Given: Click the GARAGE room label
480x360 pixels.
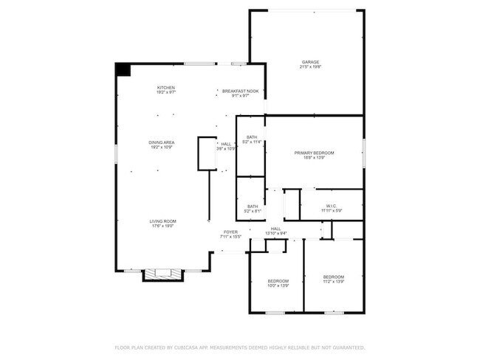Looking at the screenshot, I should [310, 61].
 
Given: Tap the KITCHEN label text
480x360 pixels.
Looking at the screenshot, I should [166, 88].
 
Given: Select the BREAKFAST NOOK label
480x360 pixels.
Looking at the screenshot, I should [240, 91].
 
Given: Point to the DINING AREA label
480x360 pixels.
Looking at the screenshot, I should [162, 142].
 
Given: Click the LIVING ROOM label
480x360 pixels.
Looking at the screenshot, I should [162, 221].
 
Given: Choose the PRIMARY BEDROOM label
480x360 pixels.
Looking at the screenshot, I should [314, 153].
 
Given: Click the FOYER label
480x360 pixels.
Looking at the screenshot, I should [231, 232].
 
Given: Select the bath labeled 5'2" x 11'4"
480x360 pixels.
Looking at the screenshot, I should [252, 138].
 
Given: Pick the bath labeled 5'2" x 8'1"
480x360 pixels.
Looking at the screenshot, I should [252, 207].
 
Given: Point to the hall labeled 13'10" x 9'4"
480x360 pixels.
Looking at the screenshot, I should [275, 229].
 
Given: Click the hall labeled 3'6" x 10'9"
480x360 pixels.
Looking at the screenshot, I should [226, 144].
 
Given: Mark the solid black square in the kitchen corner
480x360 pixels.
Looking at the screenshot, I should [123, 69].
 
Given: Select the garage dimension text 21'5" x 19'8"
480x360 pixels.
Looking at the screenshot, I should [310, 67].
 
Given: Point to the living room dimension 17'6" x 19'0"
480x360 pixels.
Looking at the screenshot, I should [162, 226].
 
